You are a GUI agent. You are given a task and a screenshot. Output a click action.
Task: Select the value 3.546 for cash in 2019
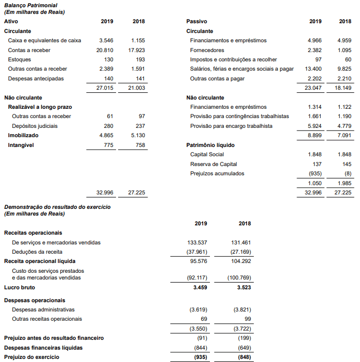pos(106,40)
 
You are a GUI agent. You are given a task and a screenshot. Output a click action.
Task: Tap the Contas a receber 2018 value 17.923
pos(136,50)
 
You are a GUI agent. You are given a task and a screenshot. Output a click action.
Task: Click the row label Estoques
pos(19,59)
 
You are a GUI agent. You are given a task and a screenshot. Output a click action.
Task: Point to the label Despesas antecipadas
pos(36,78)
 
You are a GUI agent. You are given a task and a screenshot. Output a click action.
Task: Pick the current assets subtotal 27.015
pos(105,88)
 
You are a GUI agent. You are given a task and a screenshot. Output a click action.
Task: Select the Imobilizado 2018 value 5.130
pos(138,135)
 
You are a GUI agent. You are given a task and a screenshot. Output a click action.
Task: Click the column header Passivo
pos(197,22)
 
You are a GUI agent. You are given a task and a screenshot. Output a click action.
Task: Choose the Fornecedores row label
pos(207,50)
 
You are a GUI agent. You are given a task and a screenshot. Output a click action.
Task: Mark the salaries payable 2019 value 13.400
pos(313,69)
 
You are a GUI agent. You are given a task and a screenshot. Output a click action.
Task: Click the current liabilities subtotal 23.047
pos(313,88)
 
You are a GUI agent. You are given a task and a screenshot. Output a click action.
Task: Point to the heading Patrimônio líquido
pos(208,145)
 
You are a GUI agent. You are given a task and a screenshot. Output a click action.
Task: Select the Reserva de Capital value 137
pos(317,164)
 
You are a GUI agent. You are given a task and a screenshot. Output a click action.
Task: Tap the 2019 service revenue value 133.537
pos(198,242)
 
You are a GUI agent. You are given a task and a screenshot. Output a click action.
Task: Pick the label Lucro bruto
pos(20,287)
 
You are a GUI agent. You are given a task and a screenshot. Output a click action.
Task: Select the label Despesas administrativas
pos(43,309)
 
